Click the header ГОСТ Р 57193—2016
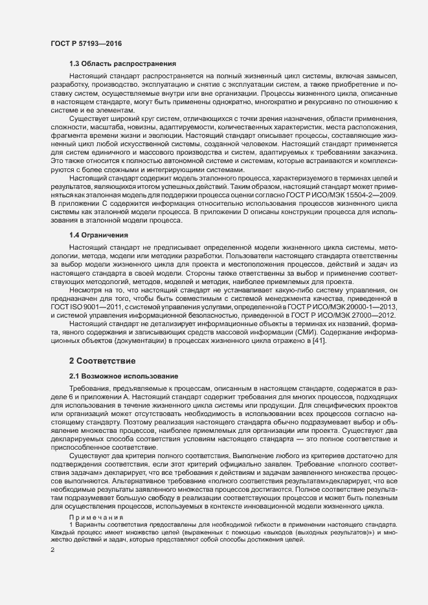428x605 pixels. [86, 43]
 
